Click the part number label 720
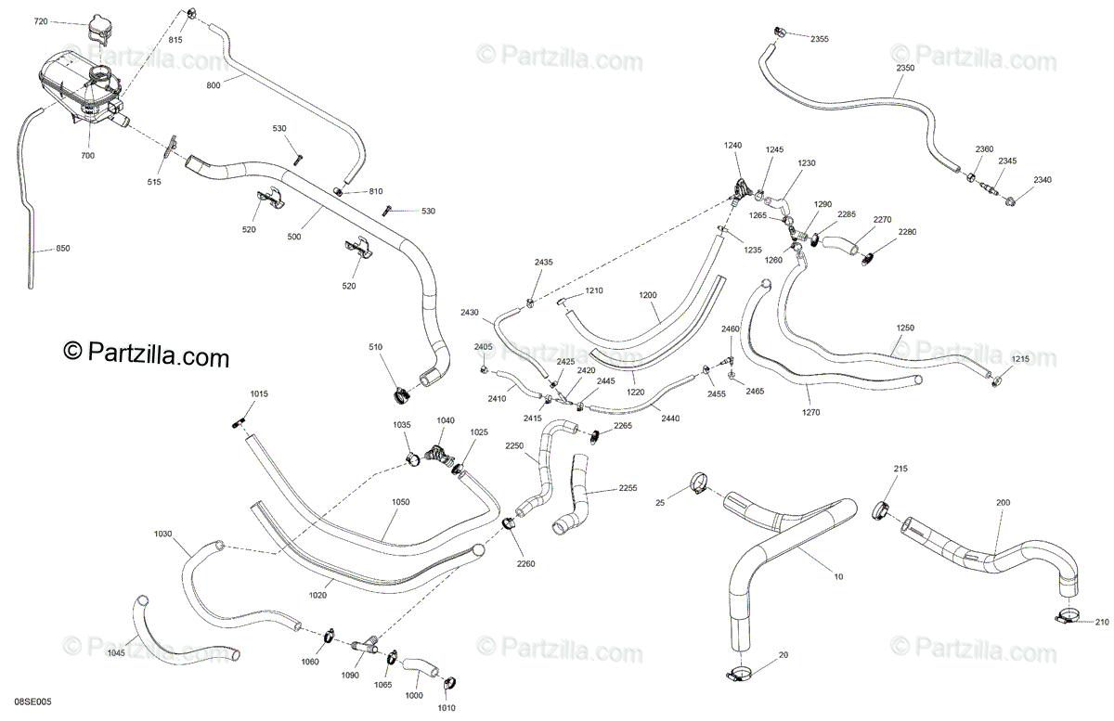40,20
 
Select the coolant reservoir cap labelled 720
95,30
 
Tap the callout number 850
62,248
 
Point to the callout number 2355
820,39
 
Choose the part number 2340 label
1043,180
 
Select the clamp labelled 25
699,483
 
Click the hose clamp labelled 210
1068,615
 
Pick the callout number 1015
258,394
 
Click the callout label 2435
543,263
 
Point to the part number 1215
1020,359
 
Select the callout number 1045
115,652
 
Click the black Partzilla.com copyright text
146,354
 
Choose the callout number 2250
514,445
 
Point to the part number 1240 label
733,146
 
